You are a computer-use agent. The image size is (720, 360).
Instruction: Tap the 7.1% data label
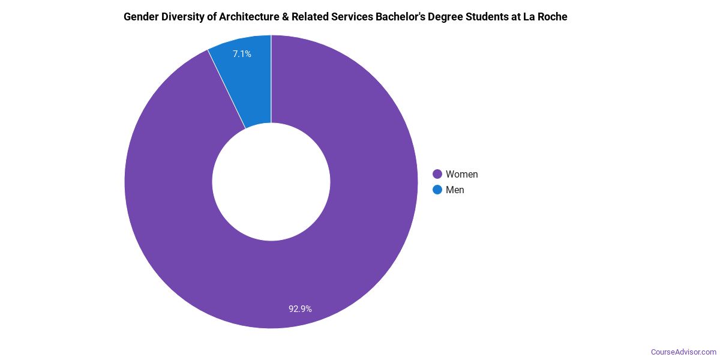[242, 54]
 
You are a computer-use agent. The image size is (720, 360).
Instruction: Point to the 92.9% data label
[300, 309]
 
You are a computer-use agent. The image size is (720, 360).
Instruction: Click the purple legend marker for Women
[437, 175]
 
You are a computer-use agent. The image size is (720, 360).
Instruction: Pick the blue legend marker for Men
[437, 190]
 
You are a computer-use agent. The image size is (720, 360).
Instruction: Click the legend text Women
[461, 175]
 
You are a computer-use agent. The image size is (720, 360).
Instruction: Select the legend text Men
[455, 190]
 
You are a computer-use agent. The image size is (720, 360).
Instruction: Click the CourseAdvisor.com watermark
[683, 352]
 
